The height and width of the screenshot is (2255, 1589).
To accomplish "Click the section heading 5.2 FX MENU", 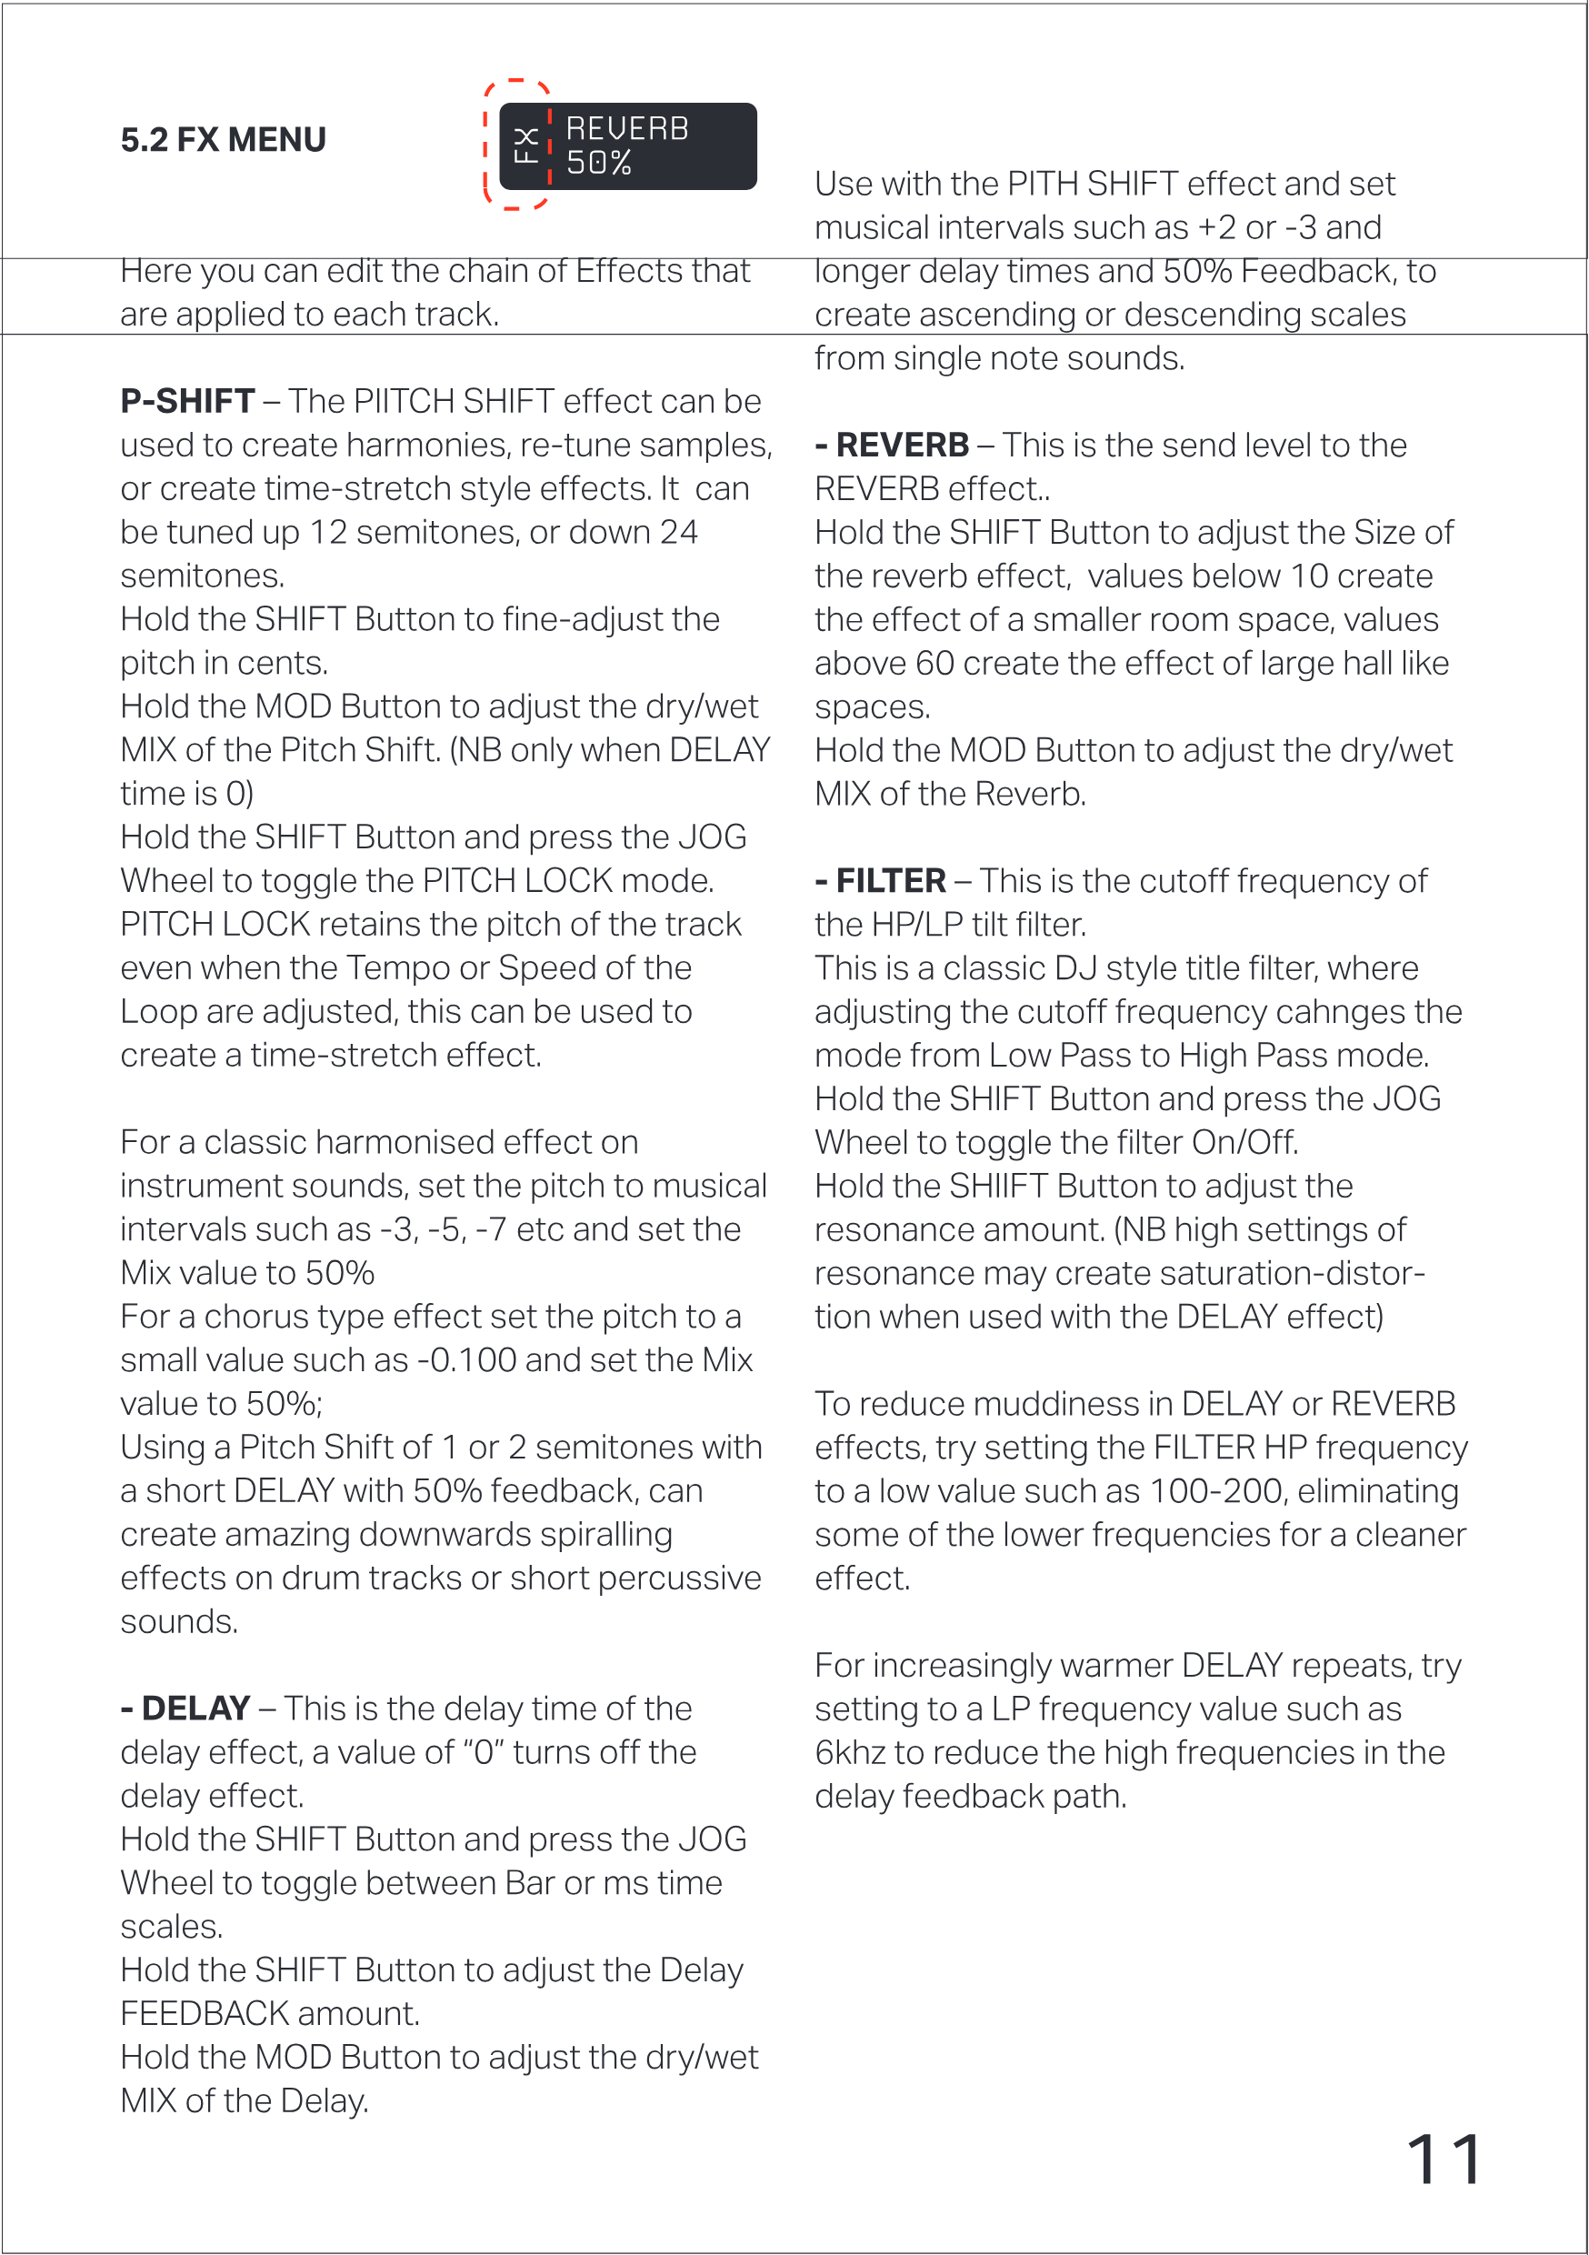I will tap(223, 140).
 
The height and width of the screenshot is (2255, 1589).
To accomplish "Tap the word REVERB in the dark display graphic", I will tap(627, 128).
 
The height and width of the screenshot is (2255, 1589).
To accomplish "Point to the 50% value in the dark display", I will tap(599, 163).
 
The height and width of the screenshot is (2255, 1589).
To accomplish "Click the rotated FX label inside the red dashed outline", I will tap(526, 145).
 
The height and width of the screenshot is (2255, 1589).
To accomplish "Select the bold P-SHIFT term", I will tap(187, 402).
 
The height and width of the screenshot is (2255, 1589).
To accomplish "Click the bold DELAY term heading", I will tap(195, 1709).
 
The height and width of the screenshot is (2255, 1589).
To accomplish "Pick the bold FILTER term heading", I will tap(890, 881).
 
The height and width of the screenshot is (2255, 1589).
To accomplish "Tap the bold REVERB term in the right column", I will tap(902, 445).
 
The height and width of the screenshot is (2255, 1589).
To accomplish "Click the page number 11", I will tap(1444, 2160).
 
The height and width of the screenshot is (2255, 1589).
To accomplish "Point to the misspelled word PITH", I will tap(1043, 184).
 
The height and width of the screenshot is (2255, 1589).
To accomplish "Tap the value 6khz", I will tap(854, 1753).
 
